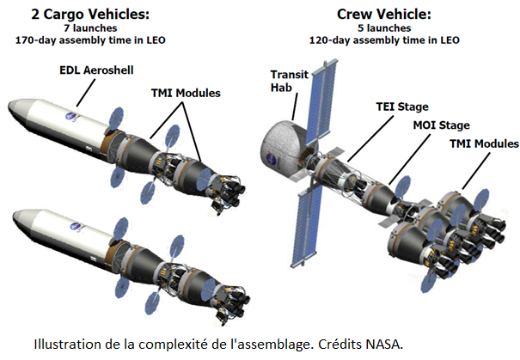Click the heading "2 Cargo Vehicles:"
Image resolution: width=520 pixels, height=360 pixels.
click(90, 15)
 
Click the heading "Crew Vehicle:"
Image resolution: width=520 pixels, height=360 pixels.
click(384, 15)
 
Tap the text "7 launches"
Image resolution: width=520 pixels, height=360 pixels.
click(90, 28)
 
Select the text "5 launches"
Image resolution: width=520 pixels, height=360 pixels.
click(384, 28)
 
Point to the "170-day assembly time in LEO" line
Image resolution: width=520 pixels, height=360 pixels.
click(90, 40)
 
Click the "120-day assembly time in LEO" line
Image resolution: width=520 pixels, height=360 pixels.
click(384, 40)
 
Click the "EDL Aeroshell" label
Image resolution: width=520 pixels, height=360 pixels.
click(96, 70)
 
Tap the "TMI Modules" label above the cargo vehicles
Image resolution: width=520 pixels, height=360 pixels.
click(186, 93)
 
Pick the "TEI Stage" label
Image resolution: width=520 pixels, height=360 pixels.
click(402, 107)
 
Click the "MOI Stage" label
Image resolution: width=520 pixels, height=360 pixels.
click(442, 125)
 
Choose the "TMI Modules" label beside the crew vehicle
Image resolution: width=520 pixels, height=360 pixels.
click(484, 143)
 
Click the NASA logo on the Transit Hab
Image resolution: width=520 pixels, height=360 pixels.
click(272, 159)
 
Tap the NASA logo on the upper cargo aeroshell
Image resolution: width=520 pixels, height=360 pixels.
click(71, 116)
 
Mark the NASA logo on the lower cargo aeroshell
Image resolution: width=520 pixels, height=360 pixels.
click(76, 227)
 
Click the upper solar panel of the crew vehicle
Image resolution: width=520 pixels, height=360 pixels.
click(320, 101)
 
